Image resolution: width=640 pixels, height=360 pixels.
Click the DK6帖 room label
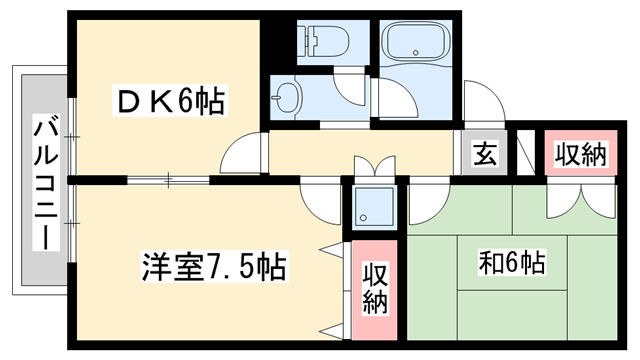point(170,101)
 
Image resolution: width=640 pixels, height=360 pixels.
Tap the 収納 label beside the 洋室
point(374,287)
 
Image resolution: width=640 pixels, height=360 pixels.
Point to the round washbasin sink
point(290,98)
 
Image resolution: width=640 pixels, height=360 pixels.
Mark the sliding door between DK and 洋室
point(170,181)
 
